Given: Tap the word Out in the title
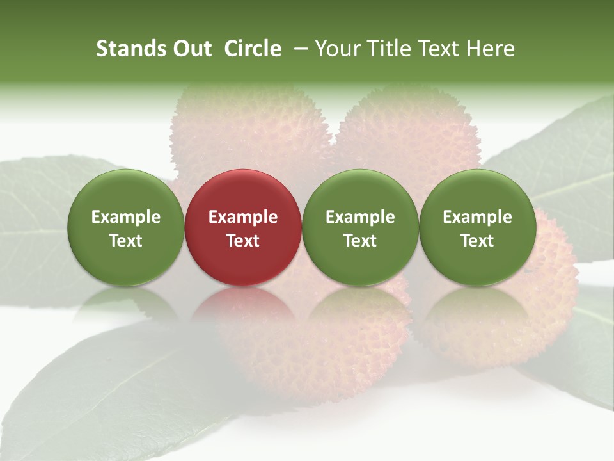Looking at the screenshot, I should (x=190, y=49).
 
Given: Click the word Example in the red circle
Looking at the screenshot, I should (x=243, y=217).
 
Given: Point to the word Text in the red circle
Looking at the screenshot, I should (x=243, y=241).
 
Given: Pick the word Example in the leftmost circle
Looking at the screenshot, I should (x=125, y=217).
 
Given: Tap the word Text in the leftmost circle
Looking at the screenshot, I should (x=125, y=241).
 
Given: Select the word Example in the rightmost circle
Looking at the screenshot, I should (x=477, y=217).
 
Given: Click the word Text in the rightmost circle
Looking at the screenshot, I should (x=477, y=241).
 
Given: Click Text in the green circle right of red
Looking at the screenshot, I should (x=360, y=241).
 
